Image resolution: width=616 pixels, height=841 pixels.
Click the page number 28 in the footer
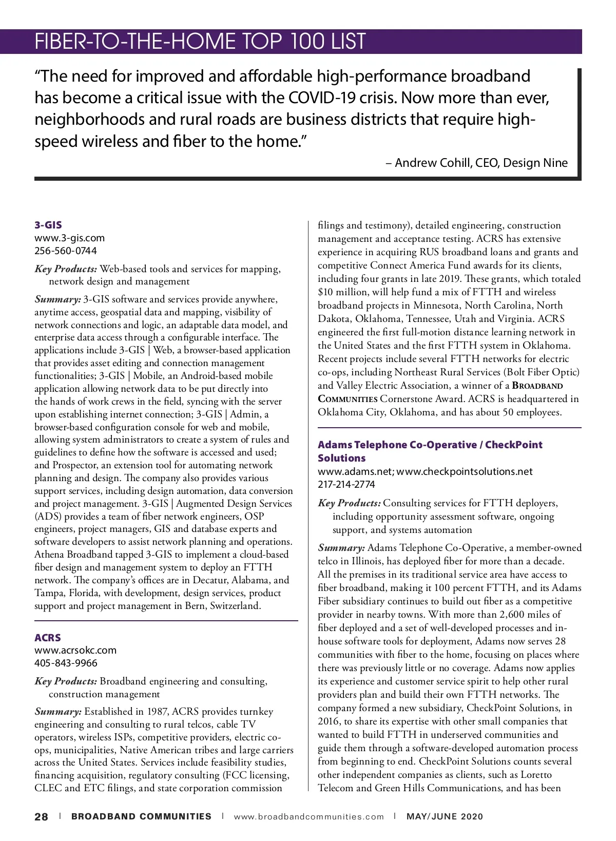[x=41, y=817]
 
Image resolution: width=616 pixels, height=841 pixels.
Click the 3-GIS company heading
[x=48, y=225]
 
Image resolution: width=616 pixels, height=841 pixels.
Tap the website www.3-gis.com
[x=69, y=238]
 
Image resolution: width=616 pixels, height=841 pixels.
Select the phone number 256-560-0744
[x=65, y=251]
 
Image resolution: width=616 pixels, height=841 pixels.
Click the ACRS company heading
[x=48, y=638]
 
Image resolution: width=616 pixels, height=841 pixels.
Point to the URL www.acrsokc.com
[x=75, y=651]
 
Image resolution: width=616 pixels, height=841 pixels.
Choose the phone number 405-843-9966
[x=66, y=663]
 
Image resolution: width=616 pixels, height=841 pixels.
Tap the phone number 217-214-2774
[x=346, y=485]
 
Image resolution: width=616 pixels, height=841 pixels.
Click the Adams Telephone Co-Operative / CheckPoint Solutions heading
[x=430, y=445]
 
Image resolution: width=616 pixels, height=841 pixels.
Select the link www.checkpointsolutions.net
[x=465, y=472]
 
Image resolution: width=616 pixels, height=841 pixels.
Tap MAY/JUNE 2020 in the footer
[x=445, y=817]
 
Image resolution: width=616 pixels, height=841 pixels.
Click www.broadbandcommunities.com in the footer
[x=309, y=817]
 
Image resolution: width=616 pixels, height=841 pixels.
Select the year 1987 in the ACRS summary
[x=158, y=712]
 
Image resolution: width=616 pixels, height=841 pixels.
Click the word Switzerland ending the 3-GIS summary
[x=237, y=606]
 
